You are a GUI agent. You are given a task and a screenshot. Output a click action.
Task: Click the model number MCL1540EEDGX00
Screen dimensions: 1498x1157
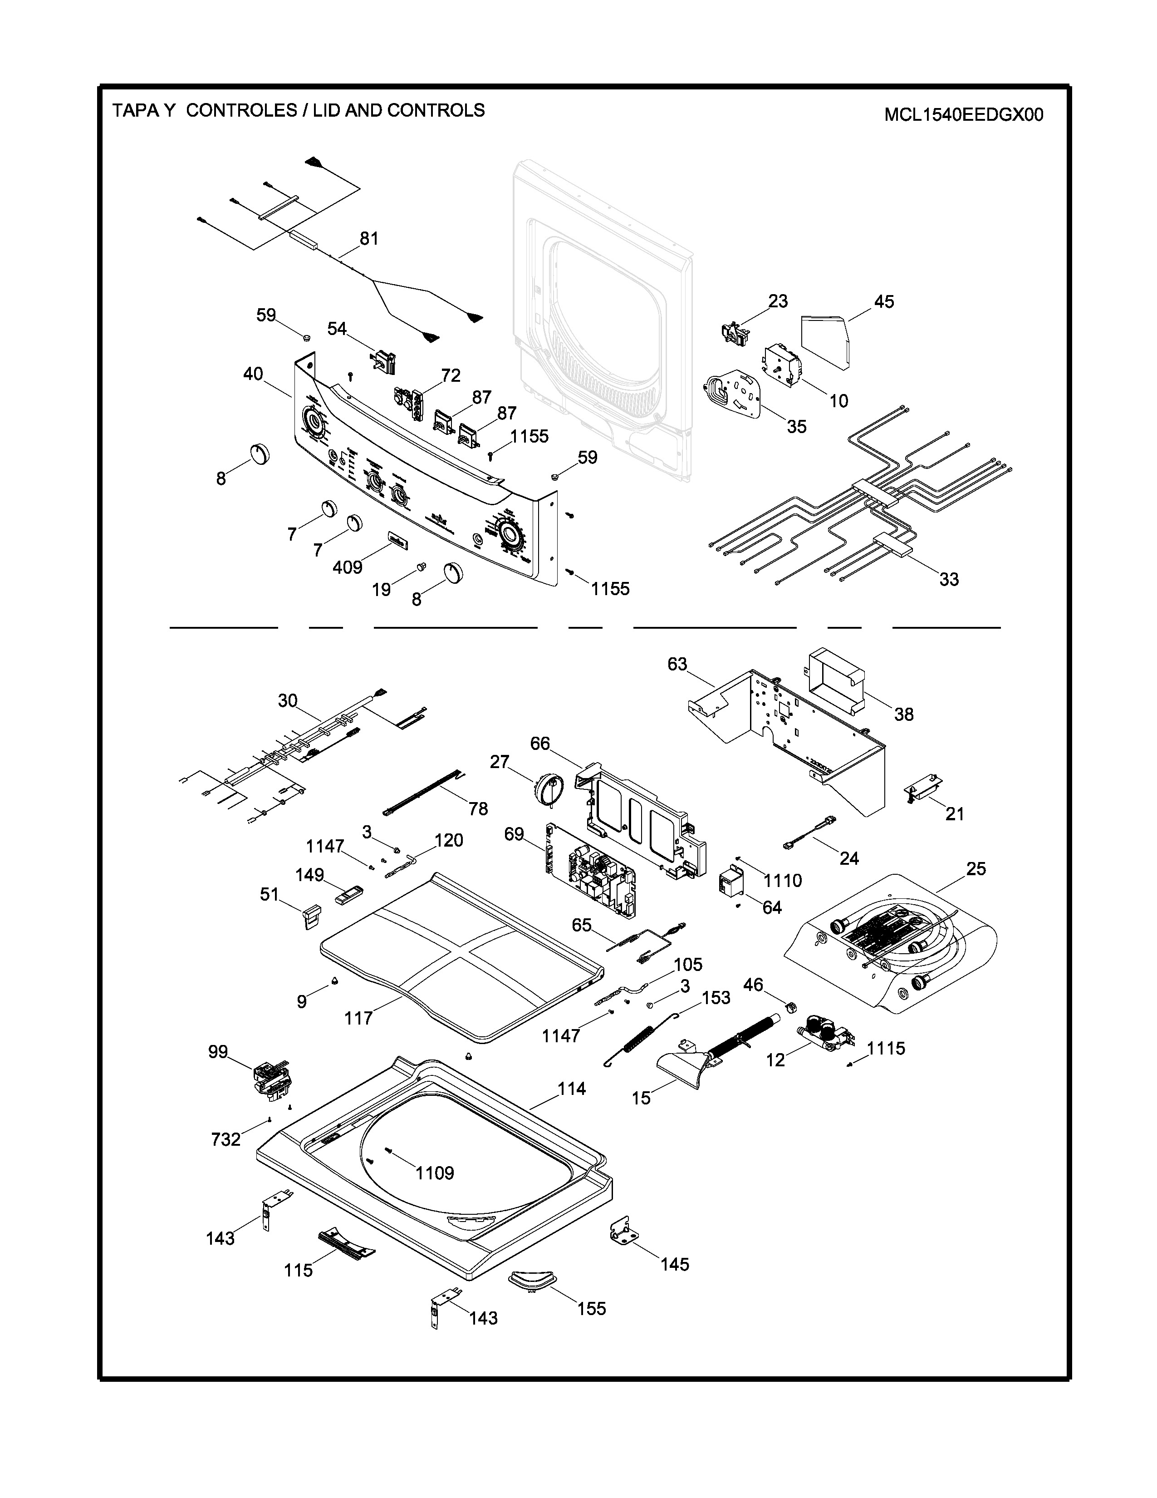click(x=963, y=114)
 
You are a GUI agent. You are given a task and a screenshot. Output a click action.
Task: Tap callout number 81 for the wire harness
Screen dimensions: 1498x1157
click(x=369, y=239)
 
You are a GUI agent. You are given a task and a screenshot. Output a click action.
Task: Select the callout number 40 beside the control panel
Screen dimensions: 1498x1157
click(x=253, y=374)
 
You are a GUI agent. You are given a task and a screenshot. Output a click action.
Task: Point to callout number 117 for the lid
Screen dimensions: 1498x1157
click(x=358, y=1018)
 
